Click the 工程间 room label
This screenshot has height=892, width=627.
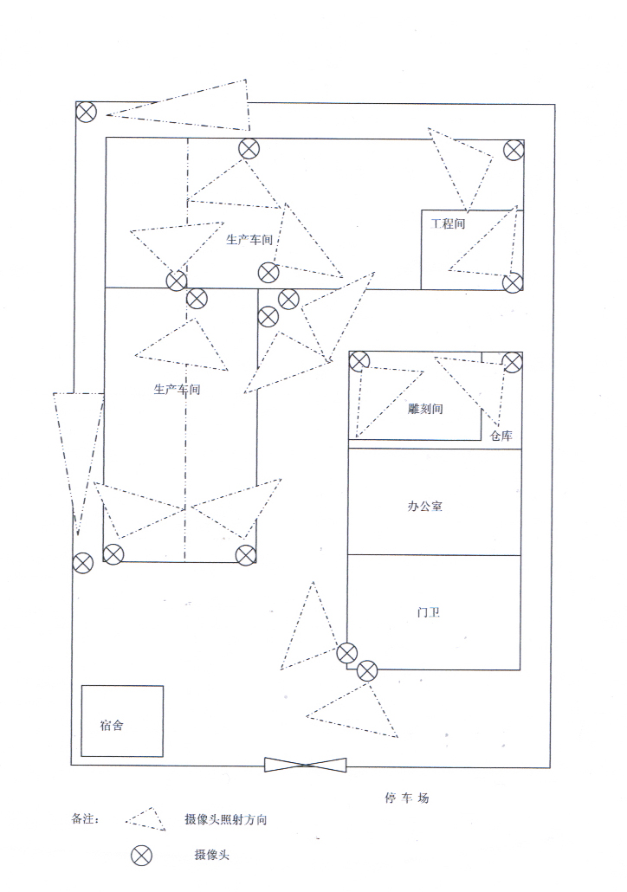(449, 223)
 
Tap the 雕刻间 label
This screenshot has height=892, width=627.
(425, 409)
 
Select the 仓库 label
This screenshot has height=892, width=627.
(501, 436)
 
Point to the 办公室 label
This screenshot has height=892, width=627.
(425, 506)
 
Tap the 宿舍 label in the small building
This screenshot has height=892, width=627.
(112, 726)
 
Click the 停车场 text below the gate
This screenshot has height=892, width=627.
(406, 798)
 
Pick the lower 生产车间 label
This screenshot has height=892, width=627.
(178, 390)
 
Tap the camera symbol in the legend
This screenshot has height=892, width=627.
(141, 856)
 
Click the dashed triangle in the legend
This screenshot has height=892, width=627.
(145, 819)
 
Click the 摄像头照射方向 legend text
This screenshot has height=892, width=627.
(225, 819)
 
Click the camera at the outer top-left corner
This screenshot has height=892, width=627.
(86, 112)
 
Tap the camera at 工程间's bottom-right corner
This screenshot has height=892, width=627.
(513, 283)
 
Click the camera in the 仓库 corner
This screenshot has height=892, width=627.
(513, 362)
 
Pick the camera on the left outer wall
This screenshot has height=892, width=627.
(82, 563)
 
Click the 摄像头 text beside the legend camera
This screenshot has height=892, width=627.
(212, 856)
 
